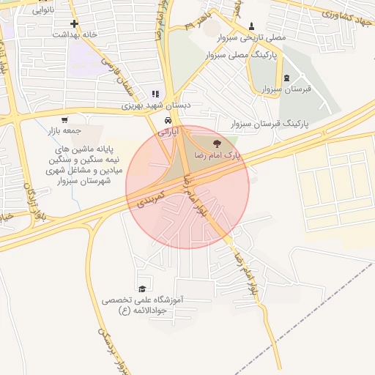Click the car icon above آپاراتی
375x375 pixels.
tap(168, 120)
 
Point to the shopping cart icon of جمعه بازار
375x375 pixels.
tap(65, 120)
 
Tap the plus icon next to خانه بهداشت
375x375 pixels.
tap(73, 23)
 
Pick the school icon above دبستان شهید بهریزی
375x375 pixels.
tap(154, 94)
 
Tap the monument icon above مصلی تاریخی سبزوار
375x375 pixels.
tap(253, 25)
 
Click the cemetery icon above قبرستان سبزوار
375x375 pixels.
tap(286, 78)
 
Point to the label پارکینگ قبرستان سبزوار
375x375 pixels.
tap(269, 125)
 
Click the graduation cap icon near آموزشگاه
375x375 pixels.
tap(141, 289)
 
